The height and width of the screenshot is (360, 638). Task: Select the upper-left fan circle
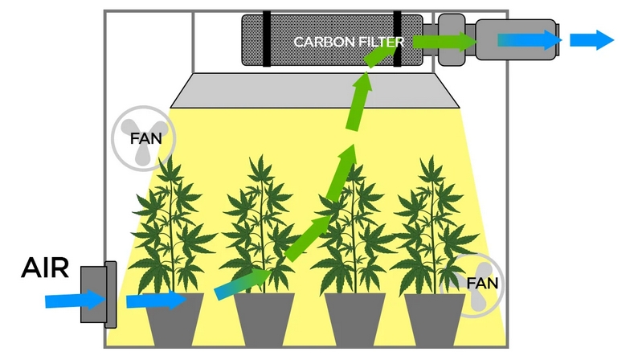tap(142, 137)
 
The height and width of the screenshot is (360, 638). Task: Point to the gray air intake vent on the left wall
tap(100, 293)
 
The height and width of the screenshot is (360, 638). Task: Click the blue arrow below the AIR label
tap(74, 300)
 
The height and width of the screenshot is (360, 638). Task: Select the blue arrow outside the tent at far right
tap(591, 39)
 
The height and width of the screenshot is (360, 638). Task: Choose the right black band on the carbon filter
tap(397, 39)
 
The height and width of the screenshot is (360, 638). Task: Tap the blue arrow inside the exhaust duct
tap(527, 39)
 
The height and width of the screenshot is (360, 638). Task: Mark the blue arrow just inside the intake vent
tap(155, 301)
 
